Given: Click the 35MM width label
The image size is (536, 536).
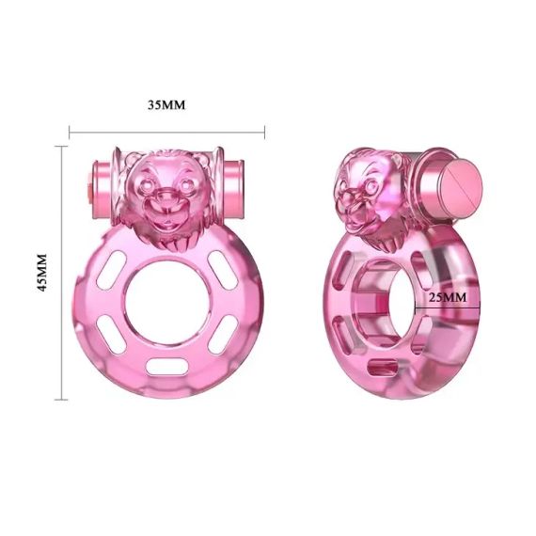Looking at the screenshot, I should (x=166, y=104).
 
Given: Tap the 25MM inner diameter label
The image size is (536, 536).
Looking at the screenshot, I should (x=448, y=296).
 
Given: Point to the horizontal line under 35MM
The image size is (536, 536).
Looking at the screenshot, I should (x=166, y=132).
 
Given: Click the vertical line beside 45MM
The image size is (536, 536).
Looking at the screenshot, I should (x=62, y=273).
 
